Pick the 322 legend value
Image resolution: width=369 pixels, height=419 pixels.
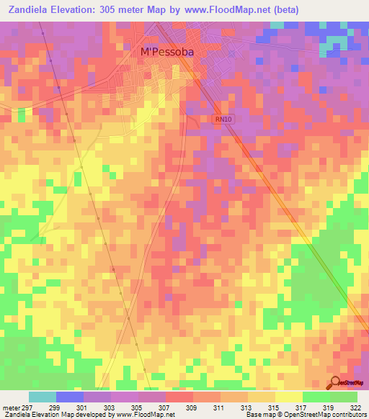click(x=358, y=407)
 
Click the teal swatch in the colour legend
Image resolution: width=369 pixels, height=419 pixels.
click(x=43, y=397)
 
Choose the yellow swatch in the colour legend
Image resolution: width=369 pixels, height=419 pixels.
click(x=288, y=397)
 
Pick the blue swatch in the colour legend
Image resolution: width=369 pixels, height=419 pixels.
click(x=70, y=397)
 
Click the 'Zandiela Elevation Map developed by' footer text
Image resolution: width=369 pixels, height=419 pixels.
click(x=55, y=415)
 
